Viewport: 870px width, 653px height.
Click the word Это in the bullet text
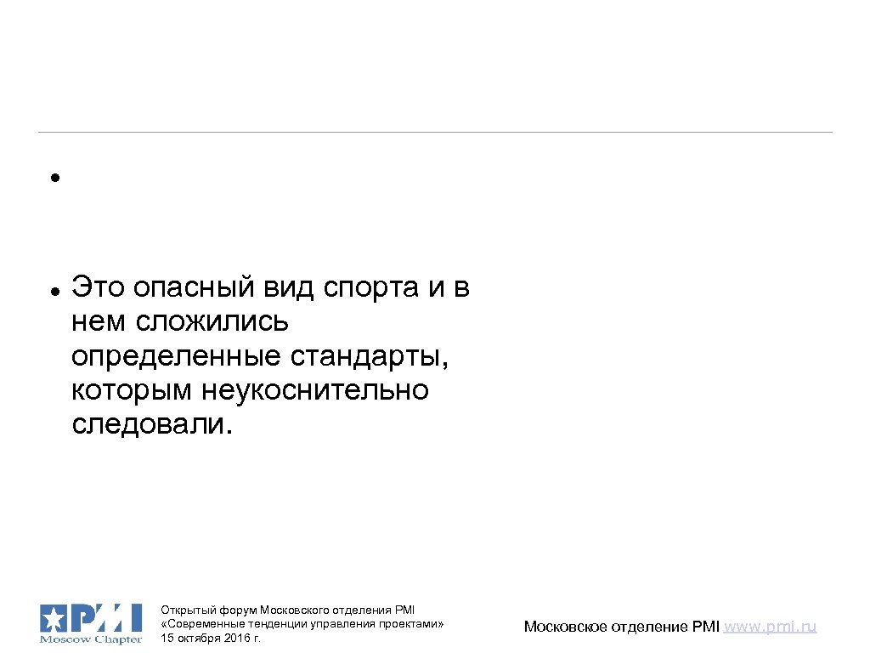(96, 287)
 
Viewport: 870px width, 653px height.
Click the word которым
(133, 390)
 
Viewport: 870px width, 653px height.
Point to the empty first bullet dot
(53, 179)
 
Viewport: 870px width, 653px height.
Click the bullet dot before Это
(53, 291)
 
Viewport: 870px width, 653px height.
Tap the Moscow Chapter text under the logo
(91, 639)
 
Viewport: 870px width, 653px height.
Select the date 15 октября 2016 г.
(210, 638)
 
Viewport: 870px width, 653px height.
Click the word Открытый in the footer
(188, 610)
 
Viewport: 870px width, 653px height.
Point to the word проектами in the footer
(415, 623)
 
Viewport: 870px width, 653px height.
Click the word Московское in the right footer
(567, 627)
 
